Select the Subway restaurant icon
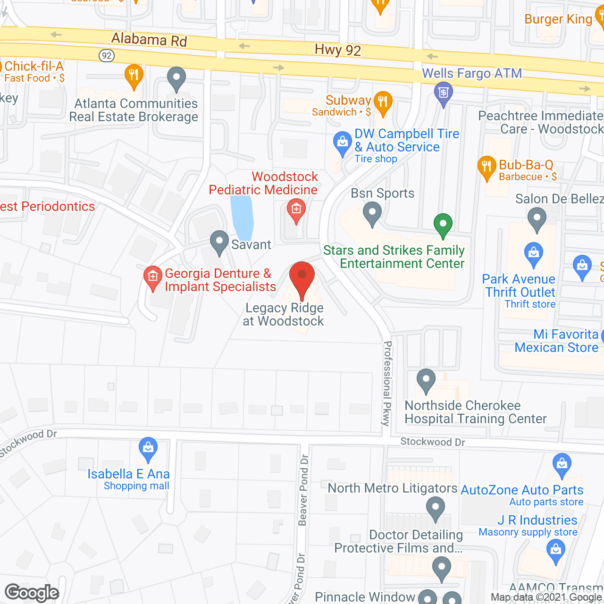coord(383,102)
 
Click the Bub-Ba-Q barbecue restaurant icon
coord(487,167)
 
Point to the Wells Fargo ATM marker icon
coord(443,93)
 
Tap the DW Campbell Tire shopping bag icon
coord(342,143)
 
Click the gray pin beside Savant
coord(219,242)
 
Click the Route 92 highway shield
coord(107,56)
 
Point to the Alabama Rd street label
coord(149,40)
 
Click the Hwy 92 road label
coord(338,50)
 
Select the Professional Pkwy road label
coord(387,383)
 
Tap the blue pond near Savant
coord(242,218)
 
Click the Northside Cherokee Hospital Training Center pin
coord(426,380)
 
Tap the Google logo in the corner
coord(32,593)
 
